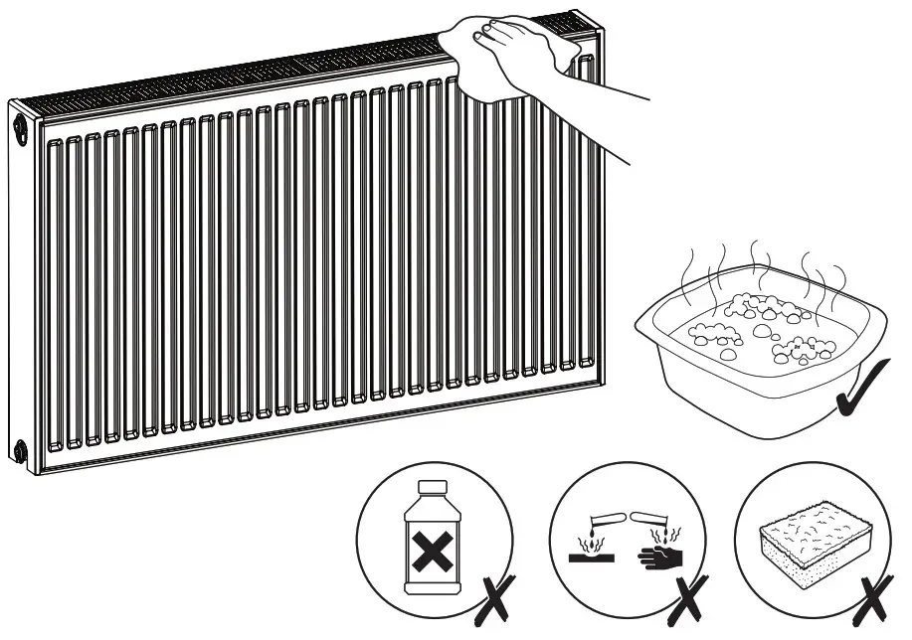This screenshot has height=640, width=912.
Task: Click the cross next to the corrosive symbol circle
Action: click(686, 598)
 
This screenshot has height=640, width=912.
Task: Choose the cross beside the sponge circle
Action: click(874, 598)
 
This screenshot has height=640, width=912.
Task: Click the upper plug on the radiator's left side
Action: click(21, 126)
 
